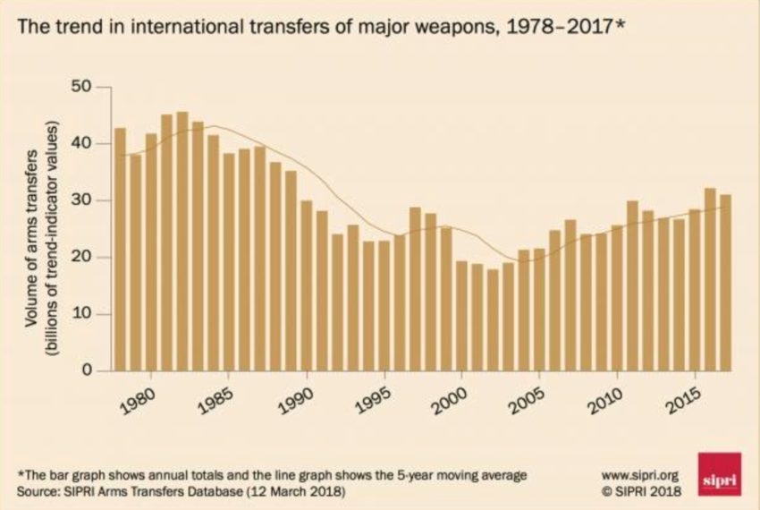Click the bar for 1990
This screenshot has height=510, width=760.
coord(307,285)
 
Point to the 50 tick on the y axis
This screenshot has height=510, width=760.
coord(82,88)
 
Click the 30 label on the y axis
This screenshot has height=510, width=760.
coord(82,201)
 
